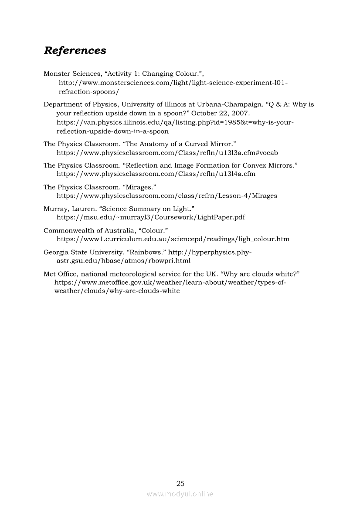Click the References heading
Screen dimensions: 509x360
[75, 51]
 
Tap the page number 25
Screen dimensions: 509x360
[180, 483]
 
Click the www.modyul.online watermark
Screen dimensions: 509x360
[180, 494]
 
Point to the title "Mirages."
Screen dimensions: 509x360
[140, 187]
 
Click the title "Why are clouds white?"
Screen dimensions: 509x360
[260, 274]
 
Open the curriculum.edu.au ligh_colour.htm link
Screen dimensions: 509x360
[173, 239]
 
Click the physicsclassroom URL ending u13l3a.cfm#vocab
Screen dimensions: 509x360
[167, 152]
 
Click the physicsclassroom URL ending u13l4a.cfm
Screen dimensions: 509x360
[156, 174]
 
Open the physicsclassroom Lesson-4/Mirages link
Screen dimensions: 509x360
[167, 196]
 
